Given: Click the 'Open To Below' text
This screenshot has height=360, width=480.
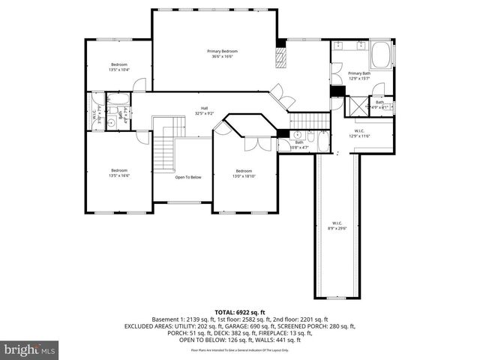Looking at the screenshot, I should pyautogui.click(x=188, y=178).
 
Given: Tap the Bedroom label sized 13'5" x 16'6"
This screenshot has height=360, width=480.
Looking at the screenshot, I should pyautogui.click(x=120, y=172).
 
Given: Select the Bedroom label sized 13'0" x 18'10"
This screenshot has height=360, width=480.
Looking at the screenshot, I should pyautogui.click(x=245, y=172).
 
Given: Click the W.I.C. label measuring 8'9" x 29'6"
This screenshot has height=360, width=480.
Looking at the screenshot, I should pyautogui.click(x=336, y=225).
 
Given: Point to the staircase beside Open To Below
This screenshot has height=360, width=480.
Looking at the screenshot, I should pyautogui.click(x=165, y=146).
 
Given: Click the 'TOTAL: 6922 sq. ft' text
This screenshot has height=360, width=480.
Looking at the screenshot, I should pyautogui.click(x=240, y=311).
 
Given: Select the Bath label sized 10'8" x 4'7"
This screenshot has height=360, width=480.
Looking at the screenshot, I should pyautogui.click(x=298, y=144).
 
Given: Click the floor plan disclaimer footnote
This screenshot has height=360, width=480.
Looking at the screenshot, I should pyautogui.click(x=240, y=350).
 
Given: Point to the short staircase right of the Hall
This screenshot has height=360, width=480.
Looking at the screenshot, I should pyautogui.click(x=304, y=118).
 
